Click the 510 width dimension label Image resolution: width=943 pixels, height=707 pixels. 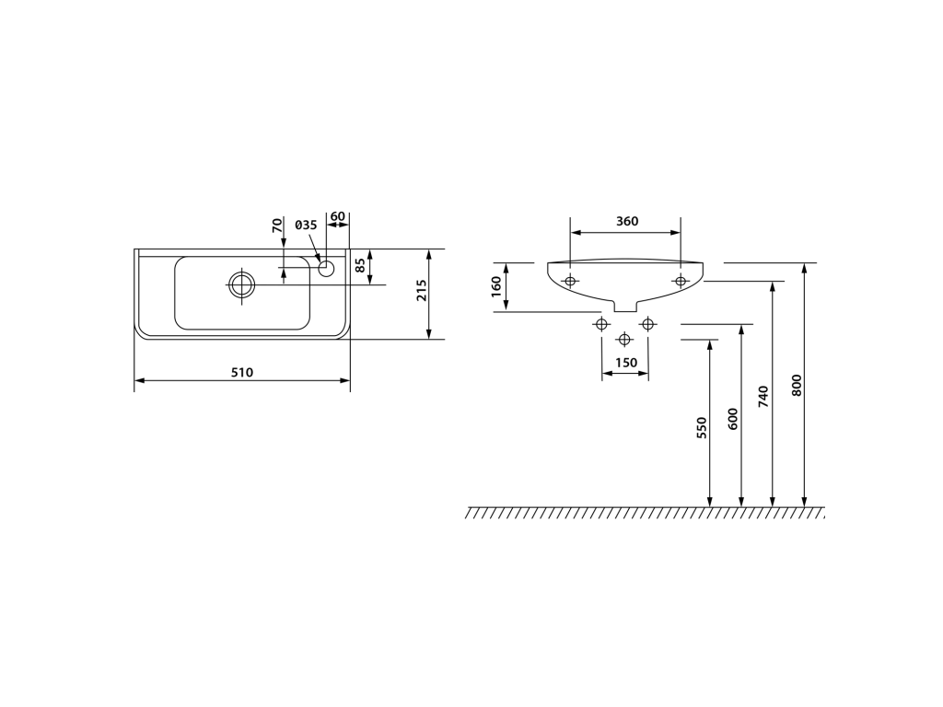(x=242, y=372)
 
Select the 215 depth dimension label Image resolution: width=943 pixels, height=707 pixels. (x=422, y=290)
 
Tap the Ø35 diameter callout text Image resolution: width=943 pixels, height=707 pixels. (x=306, y=225)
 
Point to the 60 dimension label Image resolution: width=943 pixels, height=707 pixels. (x=338, y=216)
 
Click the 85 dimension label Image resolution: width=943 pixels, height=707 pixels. (x=360, y=265)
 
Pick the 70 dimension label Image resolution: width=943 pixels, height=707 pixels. (x=276, y=226)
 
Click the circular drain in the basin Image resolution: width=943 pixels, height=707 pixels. (x=242, y=284)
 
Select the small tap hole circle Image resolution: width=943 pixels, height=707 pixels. (x=326, y=268)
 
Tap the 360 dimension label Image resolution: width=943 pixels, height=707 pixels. (x=626, y=221)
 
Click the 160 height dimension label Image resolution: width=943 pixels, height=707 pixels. (x=496, y=286)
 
